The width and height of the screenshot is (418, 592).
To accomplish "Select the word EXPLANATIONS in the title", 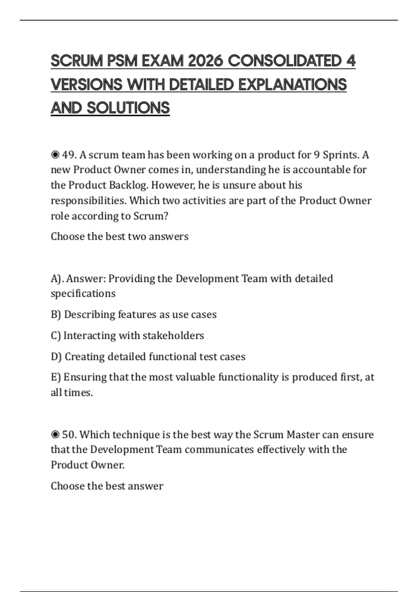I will pos(293,85).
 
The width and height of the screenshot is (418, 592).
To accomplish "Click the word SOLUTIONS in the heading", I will pos(128,108).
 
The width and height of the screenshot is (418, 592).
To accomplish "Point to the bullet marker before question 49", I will pos(55,155).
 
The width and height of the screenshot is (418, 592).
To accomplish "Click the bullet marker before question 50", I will pos(55,435).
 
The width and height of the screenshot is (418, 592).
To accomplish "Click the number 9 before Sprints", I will pos(317,155).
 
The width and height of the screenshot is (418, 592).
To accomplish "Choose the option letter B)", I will pos(56,314).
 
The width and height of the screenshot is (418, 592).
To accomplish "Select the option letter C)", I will pos(56,335).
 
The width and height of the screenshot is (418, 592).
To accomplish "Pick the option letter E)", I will pos(56,377).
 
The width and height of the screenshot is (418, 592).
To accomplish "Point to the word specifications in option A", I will pos(83,294).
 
